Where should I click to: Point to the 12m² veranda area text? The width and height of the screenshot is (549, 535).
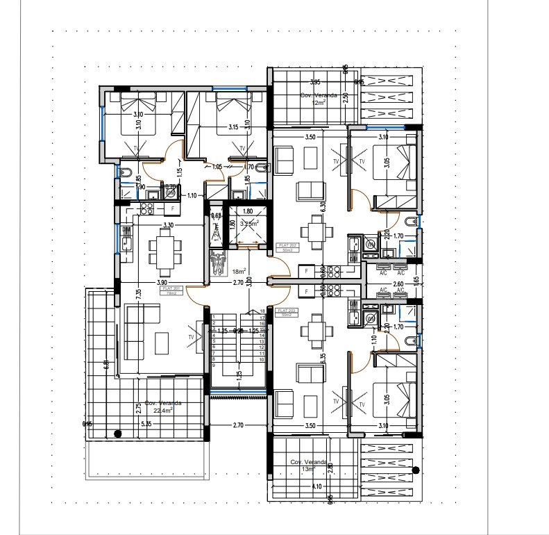click(319, 102)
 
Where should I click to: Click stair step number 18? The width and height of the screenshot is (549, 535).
click(262, 311)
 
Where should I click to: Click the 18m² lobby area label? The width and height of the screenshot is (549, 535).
click(239, 272)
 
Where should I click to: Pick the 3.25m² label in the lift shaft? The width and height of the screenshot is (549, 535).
click(249, 224)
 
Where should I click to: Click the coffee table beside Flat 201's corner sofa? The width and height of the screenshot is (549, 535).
click(161, 341)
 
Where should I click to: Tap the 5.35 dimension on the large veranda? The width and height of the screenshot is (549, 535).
click(146, 423)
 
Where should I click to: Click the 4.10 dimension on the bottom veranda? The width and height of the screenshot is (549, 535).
click(316, 486)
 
